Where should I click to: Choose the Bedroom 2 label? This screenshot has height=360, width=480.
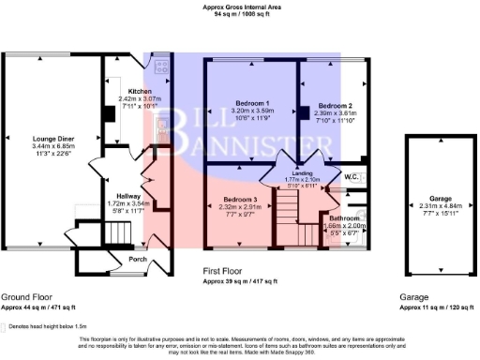tap(334, 106)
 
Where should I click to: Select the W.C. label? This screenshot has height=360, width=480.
tap(352, 176)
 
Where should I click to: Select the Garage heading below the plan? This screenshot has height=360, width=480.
tap(414, 295)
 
